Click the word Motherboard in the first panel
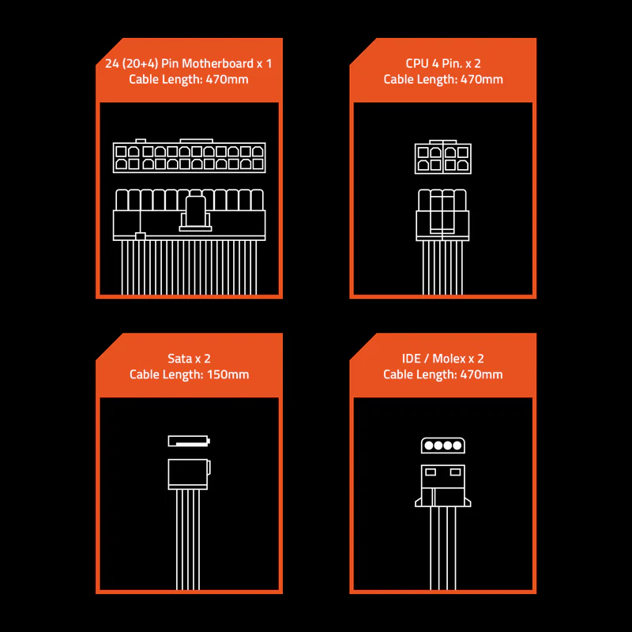(x=218, y=63)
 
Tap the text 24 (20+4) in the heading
(x=131, y=64)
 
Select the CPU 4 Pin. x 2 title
(x=443, y=63)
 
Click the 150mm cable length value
(x=228, y=374)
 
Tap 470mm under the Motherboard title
(x=227, y=79)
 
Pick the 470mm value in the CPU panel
(x=482, y=79)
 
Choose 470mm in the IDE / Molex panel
(x=481, y=374)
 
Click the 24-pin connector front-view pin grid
(x=189, y=157)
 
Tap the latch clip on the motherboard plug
(x=195, y=213)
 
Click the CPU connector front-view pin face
(x=443, y=157)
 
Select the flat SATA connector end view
(x=189, y=441)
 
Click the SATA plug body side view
(x=189, y=475)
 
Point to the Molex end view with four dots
(x=443, y=446)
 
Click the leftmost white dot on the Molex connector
(x=429, y=446)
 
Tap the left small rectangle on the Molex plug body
(x=431, y=472)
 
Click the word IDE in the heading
(x=411, y=359)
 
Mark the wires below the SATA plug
(x=188, y=540)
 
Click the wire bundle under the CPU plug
(x=442, y=268)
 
